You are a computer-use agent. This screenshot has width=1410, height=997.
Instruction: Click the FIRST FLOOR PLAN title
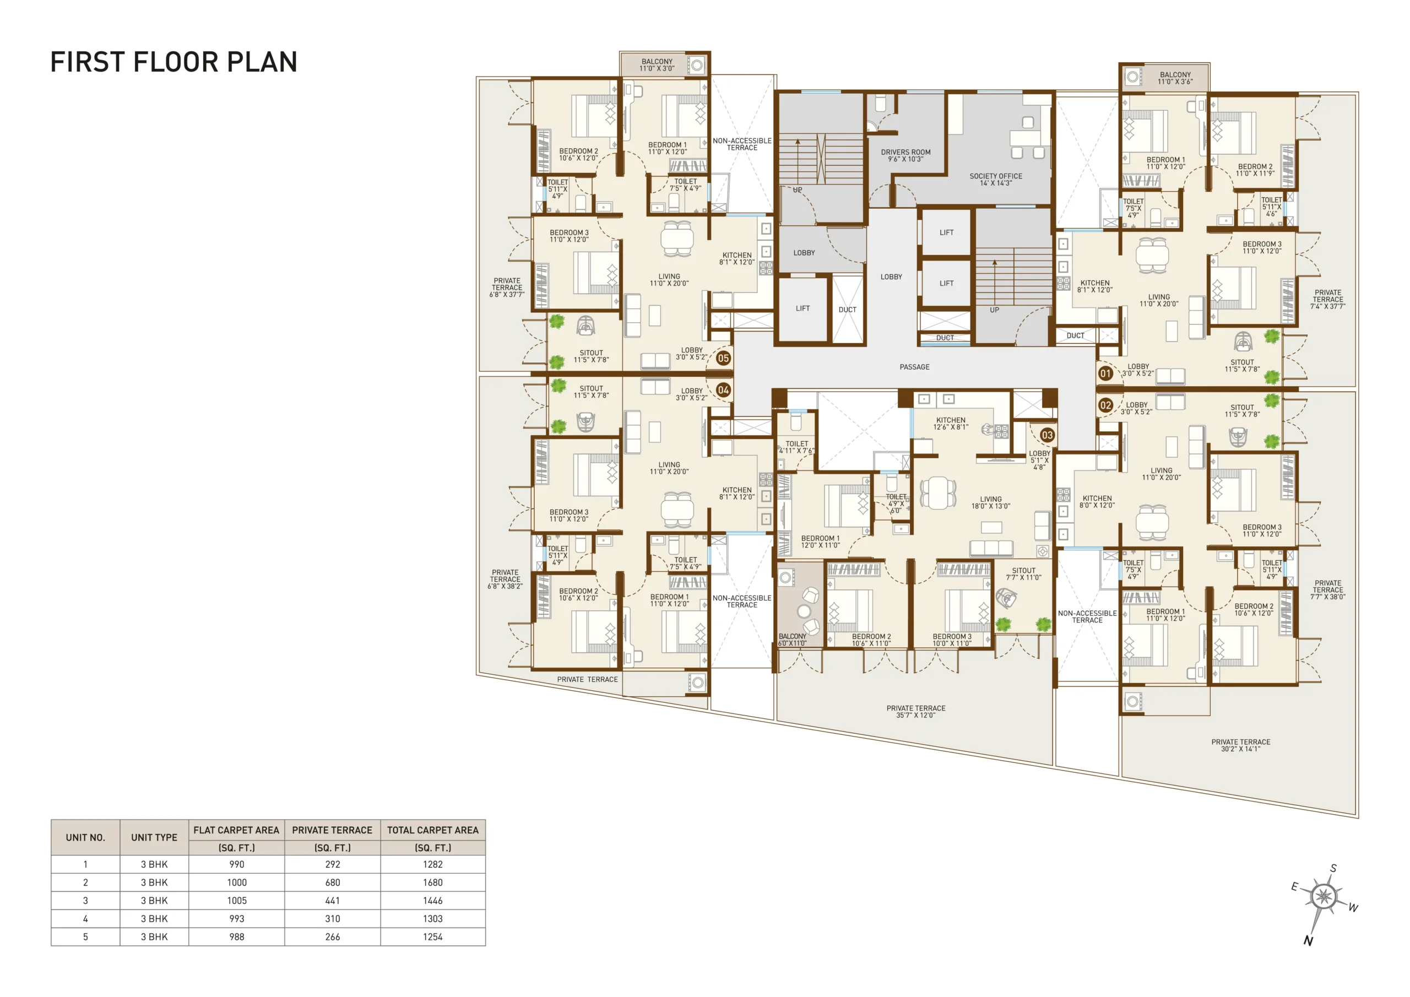click(x=174, y=62)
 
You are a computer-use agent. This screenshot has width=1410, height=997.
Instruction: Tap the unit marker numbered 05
click(x=723, y=358)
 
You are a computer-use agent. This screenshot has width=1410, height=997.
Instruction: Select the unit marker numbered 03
click(x=1047, y=435)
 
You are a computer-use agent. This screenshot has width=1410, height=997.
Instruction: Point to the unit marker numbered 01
click(x=1105, y=373)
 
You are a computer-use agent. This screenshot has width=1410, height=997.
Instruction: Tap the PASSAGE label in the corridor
click(x=914, y=367)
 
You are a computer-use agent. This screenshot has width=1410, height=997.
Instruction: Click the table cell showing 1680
click(x=432, y=882)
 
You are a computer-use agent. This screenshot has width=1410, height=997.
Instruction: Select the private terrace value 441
click(x=332, y=901)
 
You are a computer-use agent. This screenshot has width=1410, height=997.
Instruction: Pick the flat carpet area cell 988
click(x=236, y=937)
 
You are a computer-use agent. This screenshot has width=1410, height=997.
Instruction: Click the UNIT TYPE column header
click(x=154, y=837)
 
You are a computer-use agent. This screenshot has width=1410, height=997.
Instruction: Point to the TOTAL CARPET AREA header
click(x=432, y=830)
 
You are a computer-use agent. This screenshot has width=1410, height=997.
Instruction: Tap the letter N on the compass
click(x=1308, y=940)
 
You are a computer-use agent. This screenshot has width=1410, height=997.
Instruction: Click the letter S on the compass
click(x=1333, y=869)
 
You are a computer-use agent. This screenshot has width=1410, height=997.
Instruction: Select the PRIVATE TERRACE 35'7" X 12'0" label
click(x=915, y=711)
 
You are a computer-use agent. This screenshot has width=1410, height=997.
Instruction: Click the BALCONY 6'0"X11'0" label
click(x=792, y=640)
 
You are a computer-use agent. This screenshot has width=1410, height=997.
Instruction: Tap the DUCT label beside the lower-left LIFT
click(x=848, y=310)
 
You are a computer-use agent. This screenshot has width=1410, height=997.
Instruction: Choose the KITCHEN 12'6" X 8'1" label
click(x=951, y=423)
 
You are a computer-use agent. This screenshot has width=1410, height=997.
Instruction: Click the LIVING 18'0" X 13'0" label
click(x=990, y=502)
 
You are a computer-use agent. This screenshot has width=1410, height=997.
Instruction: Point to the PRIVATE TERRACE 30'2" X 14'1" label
click(x=1240, y=745)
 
